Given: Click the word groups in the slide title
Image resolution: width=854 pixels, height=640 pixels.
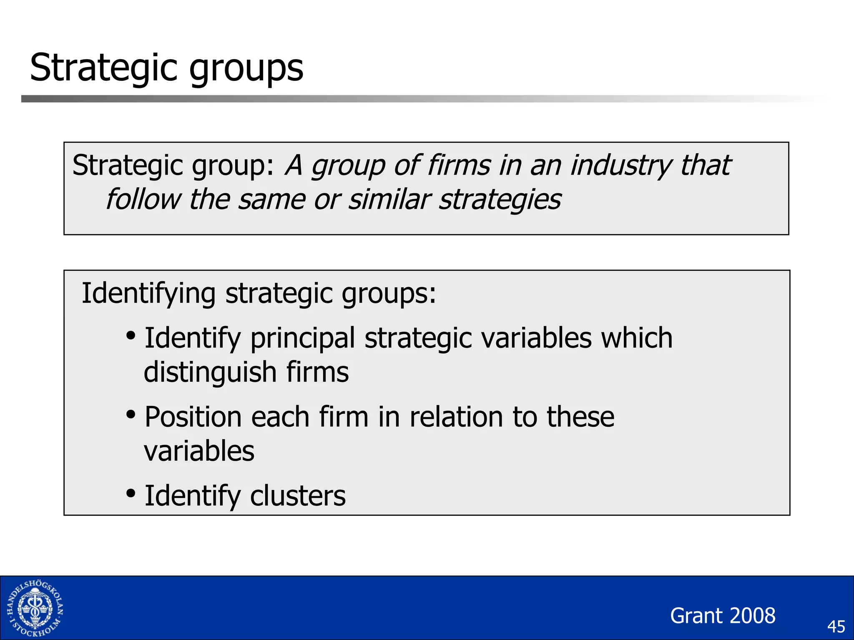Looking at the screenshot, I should [x=246, y=70].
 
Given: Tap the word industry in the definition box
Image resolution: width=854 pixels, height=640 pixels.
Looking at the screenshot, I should [x=621, y=166].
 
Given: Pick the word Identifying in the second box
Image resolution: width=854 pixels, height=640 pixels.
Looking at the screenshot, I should [x=148, y=294].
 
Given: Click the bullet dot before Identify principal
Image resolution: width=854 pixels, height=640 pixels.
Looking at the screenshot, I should [x=131, y=335].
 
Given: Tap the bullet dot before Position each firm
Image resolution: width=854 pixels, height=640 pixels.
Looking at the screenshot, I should [x=131, y=415].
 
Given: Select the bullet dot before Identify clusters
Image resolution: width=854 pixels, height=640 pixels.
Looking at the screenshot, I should [x=131, y=493].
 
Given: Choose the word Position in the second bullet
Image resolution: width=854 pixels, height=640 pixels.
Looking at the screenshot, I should [x=193, y=417].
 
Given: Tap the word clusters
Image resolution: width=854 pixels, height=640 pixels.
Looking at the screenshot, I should [x=298, y=496].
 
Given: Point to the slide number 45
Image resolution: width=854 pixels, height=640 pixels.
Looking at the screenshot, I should [x=836, y=627].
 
